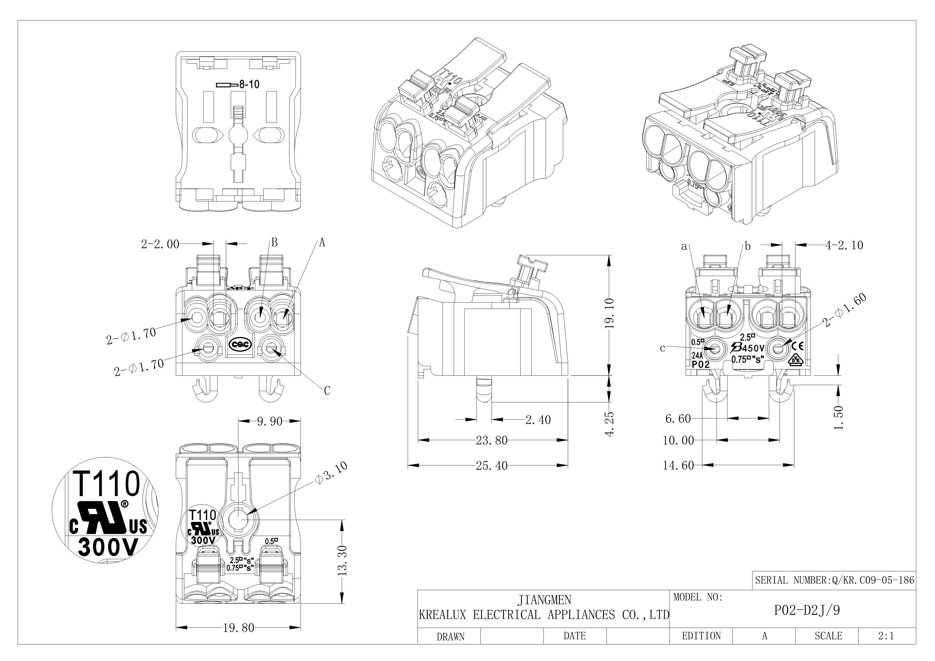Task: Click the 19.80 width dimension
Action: coord(238,628)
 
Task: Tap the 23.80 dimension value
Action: coord(492,440)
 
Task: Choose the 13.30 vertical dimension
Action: coord(343,561)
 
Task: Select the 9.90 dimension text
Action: coord(269,421)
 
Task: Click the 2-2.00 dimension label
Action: coord(160,244)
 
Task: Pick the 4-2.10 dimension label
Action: coord(844,245)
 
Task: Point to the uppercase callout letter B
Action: coord(274,243)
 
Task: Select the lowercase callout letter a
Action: coord(684,246)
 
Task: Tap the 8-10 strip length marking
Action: coord(249,85)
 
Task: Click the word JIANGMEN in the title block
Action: coord(544,600)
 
